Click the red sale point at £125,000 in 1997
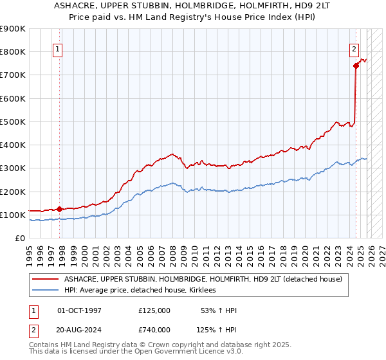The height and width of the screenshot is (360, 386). tap(59, 209)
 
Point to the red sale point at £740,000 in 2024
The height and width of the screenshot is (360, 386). tap(356, 65)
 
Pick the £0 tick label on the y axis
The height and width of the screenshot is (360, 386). tap(19, 239)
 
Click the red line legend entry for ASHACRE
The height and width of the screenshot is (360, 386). tap(206, 279)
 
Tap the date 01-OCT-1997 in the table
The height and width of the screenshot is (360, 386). tap(80, 310)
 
